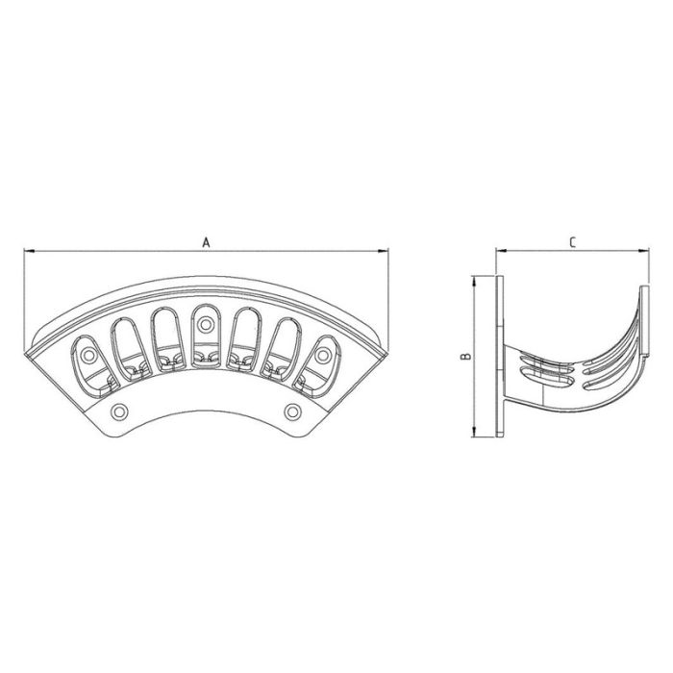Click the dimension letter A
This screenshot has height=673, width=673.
click(x=205, y=242)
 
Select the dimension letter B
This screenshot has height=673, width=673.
click(x=465, y=357)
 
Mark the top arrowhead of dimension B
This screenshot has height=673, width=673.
click(x=477, y=282)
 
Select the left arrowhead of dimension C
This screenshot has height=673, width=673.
click(x=500, y=252)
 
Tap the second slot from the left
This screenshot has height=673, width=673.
click(x=128, y=342)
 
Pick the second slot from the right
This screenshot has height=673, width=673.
click(x=285, y=342)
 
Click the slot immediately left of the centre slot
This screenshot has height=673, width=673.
click(x=166, y=333)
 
